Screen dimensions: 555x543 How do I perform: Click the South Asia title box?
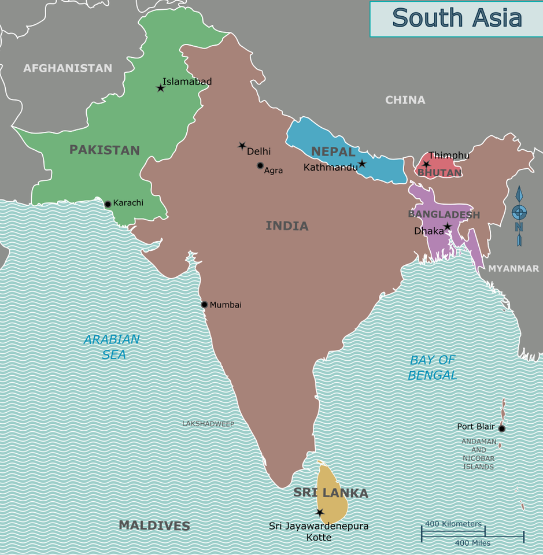tap(456, 18)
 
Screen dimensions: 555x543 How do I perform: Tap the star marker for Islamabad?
tap(161, 88)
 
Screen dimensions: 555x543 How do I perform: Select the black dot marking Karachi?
tap(108, 204)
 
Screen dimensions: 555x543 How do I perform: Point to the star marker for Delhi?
tap(242, 146)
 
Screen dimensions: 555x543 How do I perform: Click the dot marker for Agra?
tap(260, 166)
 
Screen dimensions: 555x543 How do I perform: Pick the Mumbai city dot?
tap(204, 305)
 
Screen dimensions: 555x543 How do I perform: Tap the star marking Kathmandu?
tap(362, 164)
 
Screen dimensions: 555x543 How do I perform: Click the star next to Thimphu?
tap(426, 164)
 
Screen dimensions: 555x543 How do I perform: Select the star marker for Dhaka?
tap(448, 227)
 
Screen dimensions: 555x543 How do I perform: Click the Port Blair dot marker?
tap(502, 428)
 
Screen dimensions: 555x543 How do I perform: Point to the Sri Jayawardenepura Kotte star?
tap(320, 512)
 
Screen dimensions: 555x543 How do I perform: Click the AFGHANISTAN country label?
tap(68, 68)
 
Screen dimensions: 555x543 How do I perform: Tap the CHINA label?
tap(405, 100)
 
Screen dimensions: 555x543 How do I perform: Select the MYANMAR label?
tap(514, 268)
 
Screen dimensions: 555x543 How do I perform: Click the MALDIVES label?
tap(154, 526)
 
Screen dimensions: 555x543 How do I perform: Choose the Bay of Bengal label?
tap(432, 368)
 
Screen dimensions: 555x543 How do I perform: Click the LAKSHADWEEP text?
tap(208, 424)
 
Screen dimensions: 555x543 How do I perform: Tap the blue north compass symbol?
tap(519, 215)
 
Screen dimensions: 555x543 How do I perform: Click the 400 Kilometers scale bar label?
tap(453, 524)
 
